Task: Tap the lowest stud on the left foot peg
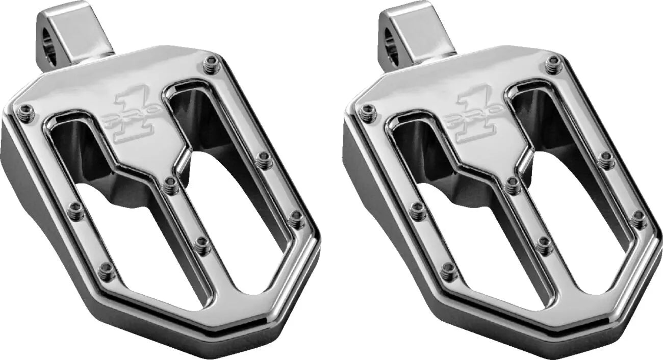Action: click(106, 271)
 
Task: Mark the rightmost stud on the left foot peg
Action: click(296, 219)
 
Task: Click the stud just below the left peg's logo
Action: click(171, 186)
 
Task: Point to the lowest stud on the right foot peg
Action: click(448, 271)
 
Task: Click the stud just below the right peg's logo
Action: click(513, 186)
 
